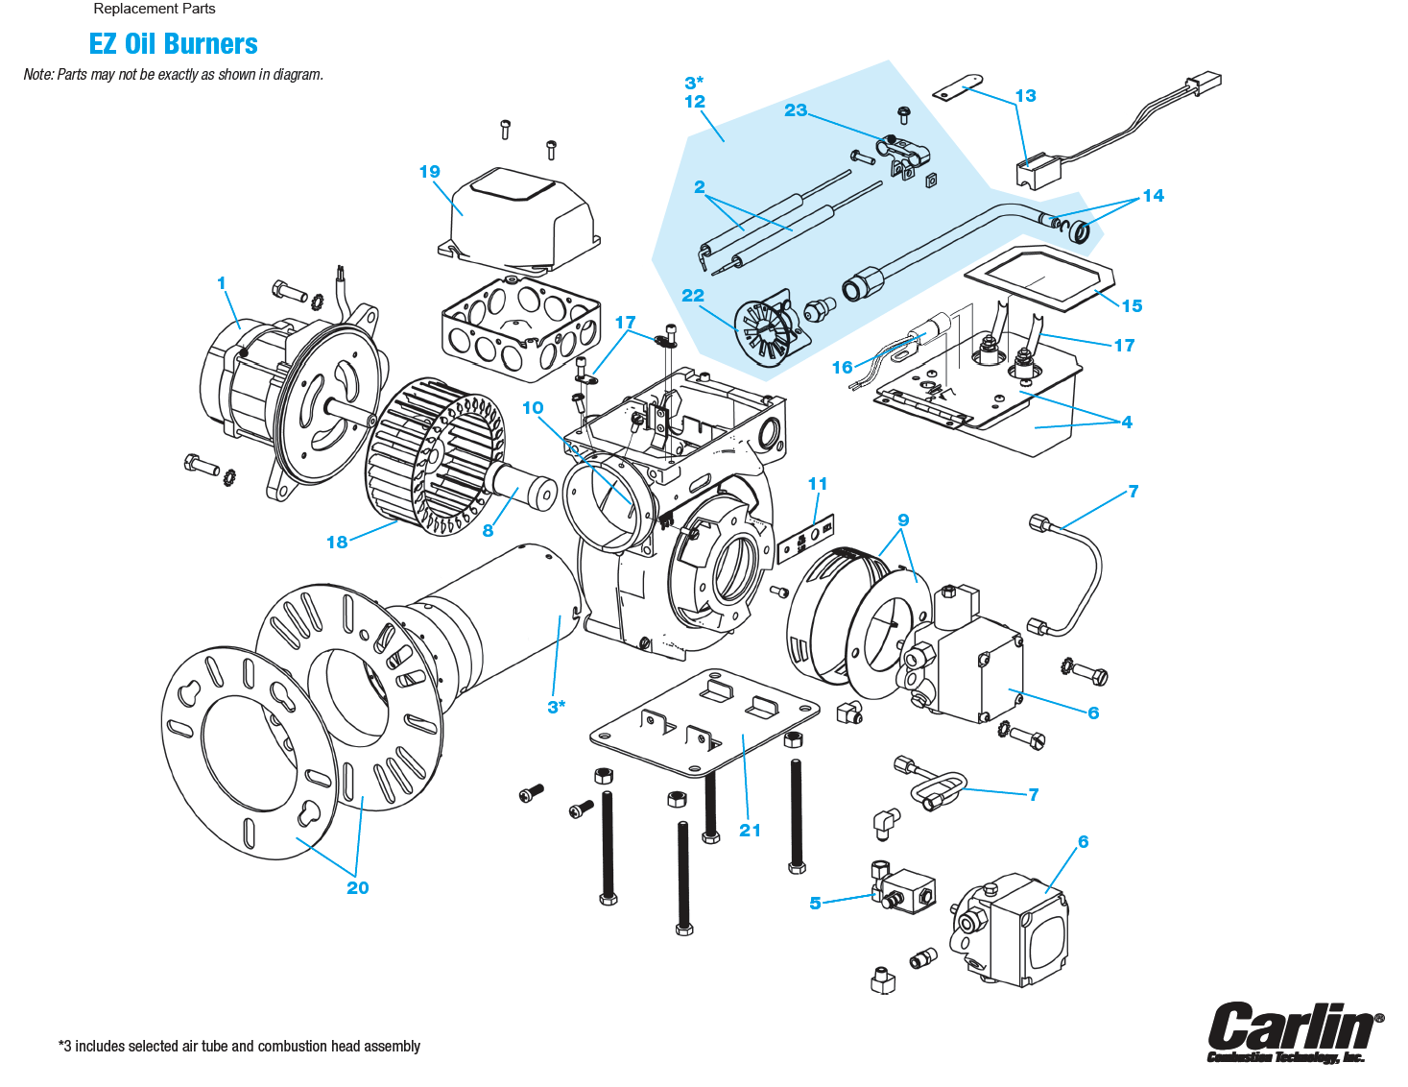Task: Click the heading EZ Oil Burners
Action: (x=173, y=44)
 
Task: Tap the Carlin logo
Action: (x=1295, y=1031)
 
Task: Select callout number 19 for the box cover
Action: (x=429, y=172)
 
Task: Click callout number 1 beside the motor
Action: (x=222, y=283)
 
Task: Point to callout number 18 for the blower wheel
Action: (x=337, y=543)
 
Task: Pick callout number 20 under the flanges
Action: (x=357, y=888)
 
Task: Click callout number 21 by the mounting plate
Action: (x=750, y=831)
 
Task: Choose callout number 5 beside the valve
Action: (x=815, y=904)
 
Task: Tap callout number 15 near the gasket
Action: (x=1132, y=306)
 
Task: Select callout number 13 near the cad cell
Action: (x=1025, y=96)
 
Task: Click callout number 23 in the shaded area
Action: (x=796, y=110)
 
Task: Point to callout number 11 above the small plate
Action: (x=818, y=484)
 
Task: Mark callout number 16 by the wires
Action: (x=842, y=368)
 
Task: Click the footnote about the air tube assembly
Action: (x=240, y=1047)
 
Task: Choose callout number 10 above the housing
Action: (x=533, y=408)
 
